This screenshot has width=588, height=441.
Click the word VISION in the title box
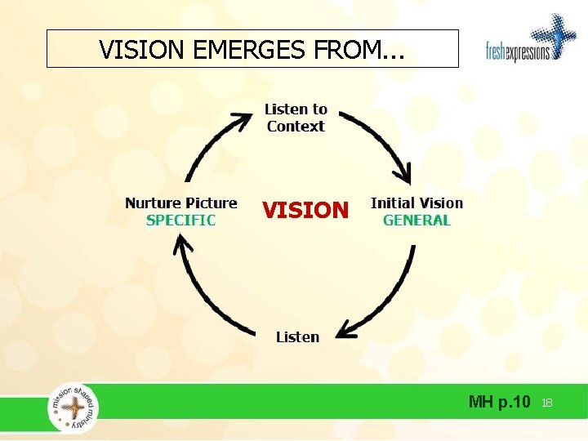tap(144, 50)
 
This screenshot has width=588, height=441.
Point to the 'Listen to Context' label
tap(296, 118)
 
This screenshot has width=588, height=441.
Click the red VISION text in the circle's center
tap(305, 211)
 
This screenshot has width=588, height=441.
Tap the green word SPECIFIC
tap(180, 220)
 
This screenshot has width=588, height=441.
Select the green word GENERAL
tap(416, 220)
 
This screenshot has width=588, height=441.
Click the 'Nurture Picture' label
tap(180, 203)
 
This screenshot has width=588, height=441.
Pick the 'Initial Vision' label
tap(416, 203)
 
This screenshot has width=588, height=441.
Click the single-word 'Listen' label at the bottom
tap(297, 336)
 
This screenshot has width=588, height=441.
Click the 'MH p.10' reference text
tap(499, 402)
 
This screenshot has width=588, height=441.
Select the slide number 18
tap(547, 403)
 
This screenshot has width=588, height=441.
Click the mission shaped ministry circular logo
tap(73, 406)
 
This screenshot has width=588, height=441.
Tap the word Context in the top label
tap(296, 127)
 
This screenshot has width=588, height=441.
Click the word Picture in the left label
tap(210, 203)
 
